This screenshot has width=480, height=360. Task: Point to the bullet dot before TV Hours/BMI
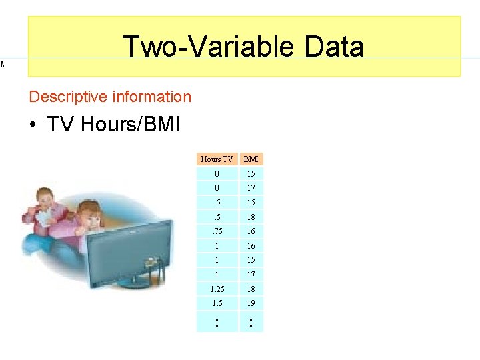coord(33,125)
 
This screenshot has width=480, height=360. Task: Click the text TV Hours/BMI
coord(113,125)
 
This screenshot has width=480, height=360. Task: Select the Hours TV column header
coord(217,159)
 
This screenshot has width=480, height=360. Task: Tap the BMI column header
coord(251,159)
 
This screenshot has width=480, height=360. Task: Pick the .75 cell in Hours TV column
coord(217,231)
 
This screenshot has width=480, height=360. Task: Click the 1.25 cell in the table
coord(217,289)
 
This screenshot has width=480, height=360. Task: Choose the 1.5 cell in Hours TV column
coord(217,303)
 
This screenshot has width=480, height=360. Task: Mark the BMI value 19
coord(251,303)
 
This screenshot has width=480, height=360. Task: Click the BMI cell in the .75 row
coord(251,231)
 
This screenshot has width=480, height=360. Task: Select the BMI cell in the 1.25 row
coord(251,289)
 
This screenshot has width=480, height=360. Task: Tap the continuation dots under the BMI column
coord(251,322)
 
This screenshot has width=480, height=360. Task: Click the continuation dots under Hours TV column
coord(217,322)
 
